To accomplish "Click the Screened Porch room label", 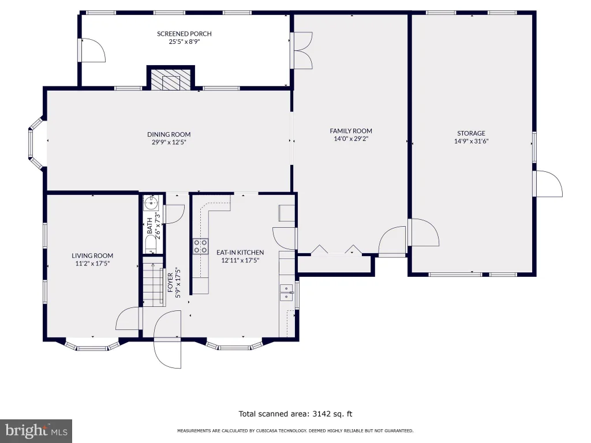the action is tap(184, 33).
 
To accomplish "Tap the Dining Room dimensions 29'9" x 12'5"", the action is tap(169, 142).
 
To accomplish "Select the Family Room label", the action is tap(351, 131).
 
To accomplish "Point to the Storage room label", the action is tap(471, 133).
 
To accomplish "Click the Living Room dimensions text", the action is tap(92, 264).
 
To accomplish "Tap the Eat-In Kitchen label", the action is tap(240, 253).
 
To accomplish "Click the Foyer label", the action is tap(170, 283).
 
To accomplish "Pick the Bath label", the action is tap(149, 226).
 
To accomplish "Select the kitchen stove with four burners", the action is tap(200, 246).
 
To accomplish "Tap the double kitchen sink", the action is tap(286, 292).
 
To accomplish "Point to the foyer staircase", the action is tap(153, 281).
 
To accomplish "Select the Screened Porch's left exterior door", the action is tap(92, 50).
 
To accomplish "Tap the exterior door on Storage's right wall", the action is tap(548, 183).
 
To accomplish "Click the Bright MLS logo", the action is tap(36, 431).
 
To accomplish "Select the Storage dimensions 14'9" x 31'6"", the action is tap(471, 141).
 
